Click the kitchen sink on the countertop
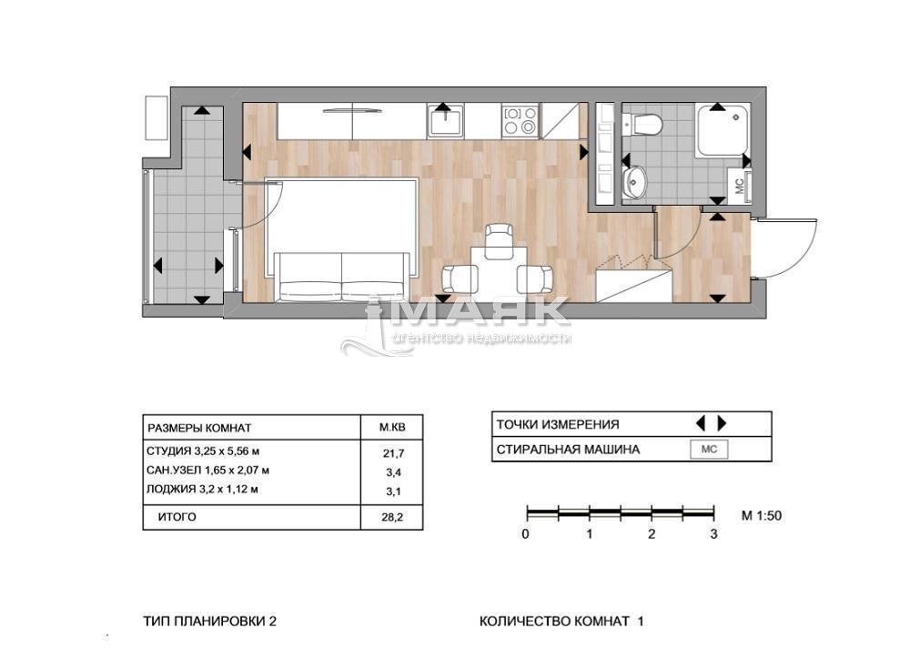click(445, 121)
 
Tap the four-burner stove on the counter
click(520, 121)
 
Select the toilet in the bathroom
click(642, 124)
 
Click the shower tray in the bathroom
click(723, 129)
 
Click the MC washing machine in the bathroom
click(740, 186)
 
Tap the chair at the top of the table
click(499, 240)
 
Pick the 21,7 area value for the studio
click(392, 452)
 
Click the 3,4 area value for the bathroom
click(393, 472)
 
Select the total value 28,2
click(392, 517)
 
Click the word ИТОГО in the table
click(177, 517)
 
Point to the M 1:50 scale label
click(762, 515)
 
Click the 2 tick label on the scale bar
click(652, 534)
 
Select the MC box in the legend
click(709, 450)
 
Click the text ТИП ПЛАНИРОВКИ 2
click(209, 621)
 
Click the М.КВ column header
click(392, 428)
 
